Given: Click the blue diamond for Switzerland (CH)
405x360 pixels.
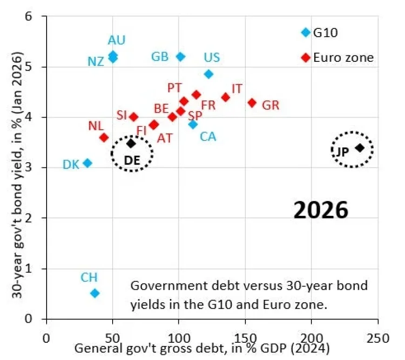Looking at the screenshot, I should (95, 293).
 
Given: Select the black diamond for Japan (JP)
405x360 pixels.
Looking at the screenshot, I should (359, 148).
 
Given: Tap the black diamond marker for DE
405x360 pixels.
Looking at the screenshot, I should (131, 143).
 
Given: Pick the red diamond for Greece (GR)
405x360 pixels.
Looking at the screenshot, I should (252, 102).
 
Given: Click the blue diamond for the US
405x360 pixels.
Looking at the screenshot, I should (209, 74).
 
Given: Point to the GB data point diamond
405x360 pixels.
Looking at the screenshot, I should (181, 57).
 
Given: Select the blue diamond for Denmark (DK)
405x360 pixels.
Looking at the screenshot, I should (87, 163).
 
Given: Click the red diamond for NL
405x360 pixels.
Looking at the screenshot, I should (104, 138).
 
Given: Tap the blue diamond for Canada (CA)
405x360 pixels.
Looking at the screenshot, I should (193, 124).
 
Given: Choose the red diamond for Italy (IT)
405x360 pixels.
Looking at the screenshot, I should (226, 97).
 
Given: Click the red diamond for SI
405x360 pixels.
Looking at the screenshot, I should (134, 117).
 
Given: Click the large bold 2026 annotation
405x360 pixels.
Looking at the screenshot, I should (321, 210).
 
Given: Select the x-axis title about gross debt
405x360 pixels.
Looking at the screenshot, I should (202, 348).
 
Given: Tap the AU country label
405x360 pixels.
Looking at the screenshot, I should (116, 40).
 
